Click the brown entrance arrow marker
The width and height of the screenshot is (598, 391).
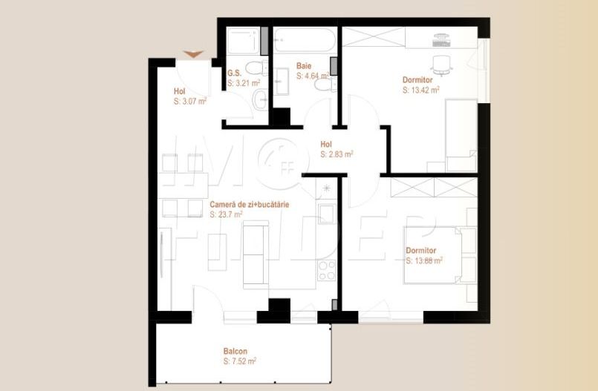[x=193, y=53]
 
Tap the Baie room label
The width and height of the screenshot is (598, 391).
[x=303, y=66]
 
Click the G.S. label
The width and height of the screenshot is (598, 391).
[x=234, y=73]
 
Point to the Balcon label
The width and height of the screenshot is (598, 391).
[x=235, y=351]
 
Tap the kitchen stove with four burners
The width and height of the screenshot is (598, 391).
[x=328, y=271]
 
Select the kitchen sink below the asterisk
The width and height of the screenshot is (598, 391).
[x=328, y=214]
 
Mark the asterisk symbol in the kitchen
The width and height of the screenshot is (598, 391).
[x=328, y=190]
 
